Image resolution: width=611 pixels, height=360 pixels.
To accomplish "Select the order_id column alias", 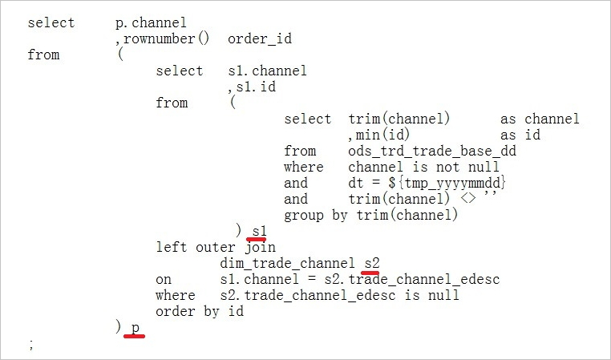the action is point(260,39).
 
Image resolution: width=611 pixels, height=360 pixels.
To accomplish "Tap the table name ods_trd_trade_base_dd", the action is point(432,152).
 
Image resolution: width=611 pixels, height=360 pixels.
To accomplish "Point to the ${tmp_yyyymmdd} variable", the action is point(447,183).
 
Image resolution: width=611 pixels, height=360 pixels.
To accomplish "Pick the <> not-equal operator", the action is point(468,199).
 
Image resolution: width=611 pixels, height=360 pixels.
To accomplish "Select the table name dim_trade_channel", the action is point(287,263).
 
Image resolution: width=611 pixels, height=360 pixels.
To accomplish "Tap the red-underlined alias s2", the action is point(372,263).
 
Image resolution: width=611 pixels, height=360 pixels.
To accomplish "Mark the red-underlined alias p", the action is point(136,328).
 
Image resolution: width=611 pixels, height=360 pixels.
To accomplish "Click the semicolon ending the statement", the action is point(31,345).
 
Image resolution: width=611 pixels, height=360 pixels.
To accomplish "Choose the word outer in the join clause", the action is point(216,248).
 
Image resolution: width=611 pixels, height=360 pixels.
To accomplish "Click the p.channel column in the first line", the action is point(152,23).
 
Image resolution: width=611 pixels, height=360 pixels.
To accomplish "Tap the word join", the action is point(261,248).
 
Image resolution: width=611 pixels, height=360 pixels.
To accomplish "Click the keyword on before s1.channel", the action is point(164,280).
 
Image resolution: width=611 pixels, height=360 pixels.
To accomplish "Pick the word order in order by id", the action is point(176,311).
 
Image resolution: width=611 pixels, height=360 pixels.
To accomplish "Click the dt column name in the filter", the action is point(356,183).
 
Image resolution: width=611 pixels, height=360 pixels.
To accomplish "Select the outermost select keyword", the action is point(51,22).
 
